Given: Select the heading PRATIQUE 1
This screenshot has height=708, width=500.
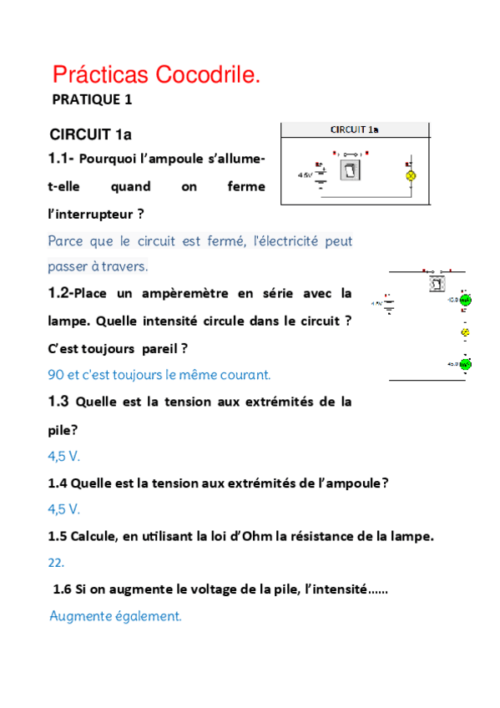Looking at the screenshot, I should (x=93, y=100).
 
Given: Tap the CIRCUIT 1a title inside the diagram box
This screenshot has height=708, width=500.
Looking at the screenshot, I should (x=354, y=129).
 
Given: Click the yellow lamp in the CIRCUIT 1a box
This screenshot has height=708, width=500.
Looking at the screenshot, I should (x=410, y=176).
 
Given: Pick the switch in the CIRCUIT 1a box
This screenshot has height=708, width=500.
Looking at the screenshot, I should (x=350, y=172).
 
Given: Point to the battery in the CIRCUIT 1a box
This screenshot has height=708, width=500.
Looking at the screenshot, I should (x=319, y=174).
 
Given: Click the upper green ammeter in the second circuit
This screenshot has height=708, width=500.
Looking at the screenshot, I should (x=465, y=300).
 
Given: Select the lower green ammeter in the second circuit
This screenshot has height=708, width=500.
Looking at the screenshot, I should (x=465, y=364).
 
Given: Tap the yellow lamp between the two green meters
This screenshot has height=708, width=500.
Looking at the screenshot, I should (x=466, y=332).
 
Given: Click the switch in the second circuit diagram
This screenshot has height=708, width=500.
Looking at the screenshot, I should (x=437, y=283).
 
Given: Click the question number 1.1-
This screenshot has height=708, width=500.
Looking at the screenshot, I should (x=62, y=159).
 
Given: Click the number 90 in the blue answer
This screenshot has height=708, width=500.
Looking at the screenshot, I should (x=57, y=375).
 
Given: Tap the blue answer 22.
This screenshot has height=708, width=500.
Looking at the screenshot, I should (x=56, y=563).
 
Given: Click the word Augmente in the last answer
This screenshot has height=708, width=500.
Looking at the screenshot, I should (x=81, y=617).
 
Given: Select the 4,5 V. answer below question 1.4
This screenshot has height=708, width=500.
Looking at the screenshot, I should (x=64, y=508).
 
